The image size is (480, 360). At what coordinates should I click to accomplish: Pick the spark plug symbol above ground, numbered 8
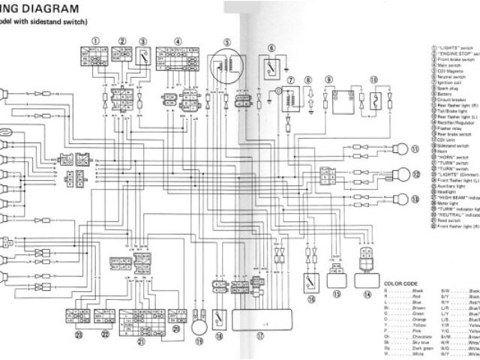pyautogui.click(x=308, y=97)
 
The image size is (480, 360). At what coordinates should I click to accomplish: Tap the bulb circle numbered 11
pyautogui.click(x=402, y=148)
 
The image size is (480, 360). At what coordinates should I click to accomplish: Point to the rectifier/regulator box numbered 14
pyautogui.click(x=367, y=279)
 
